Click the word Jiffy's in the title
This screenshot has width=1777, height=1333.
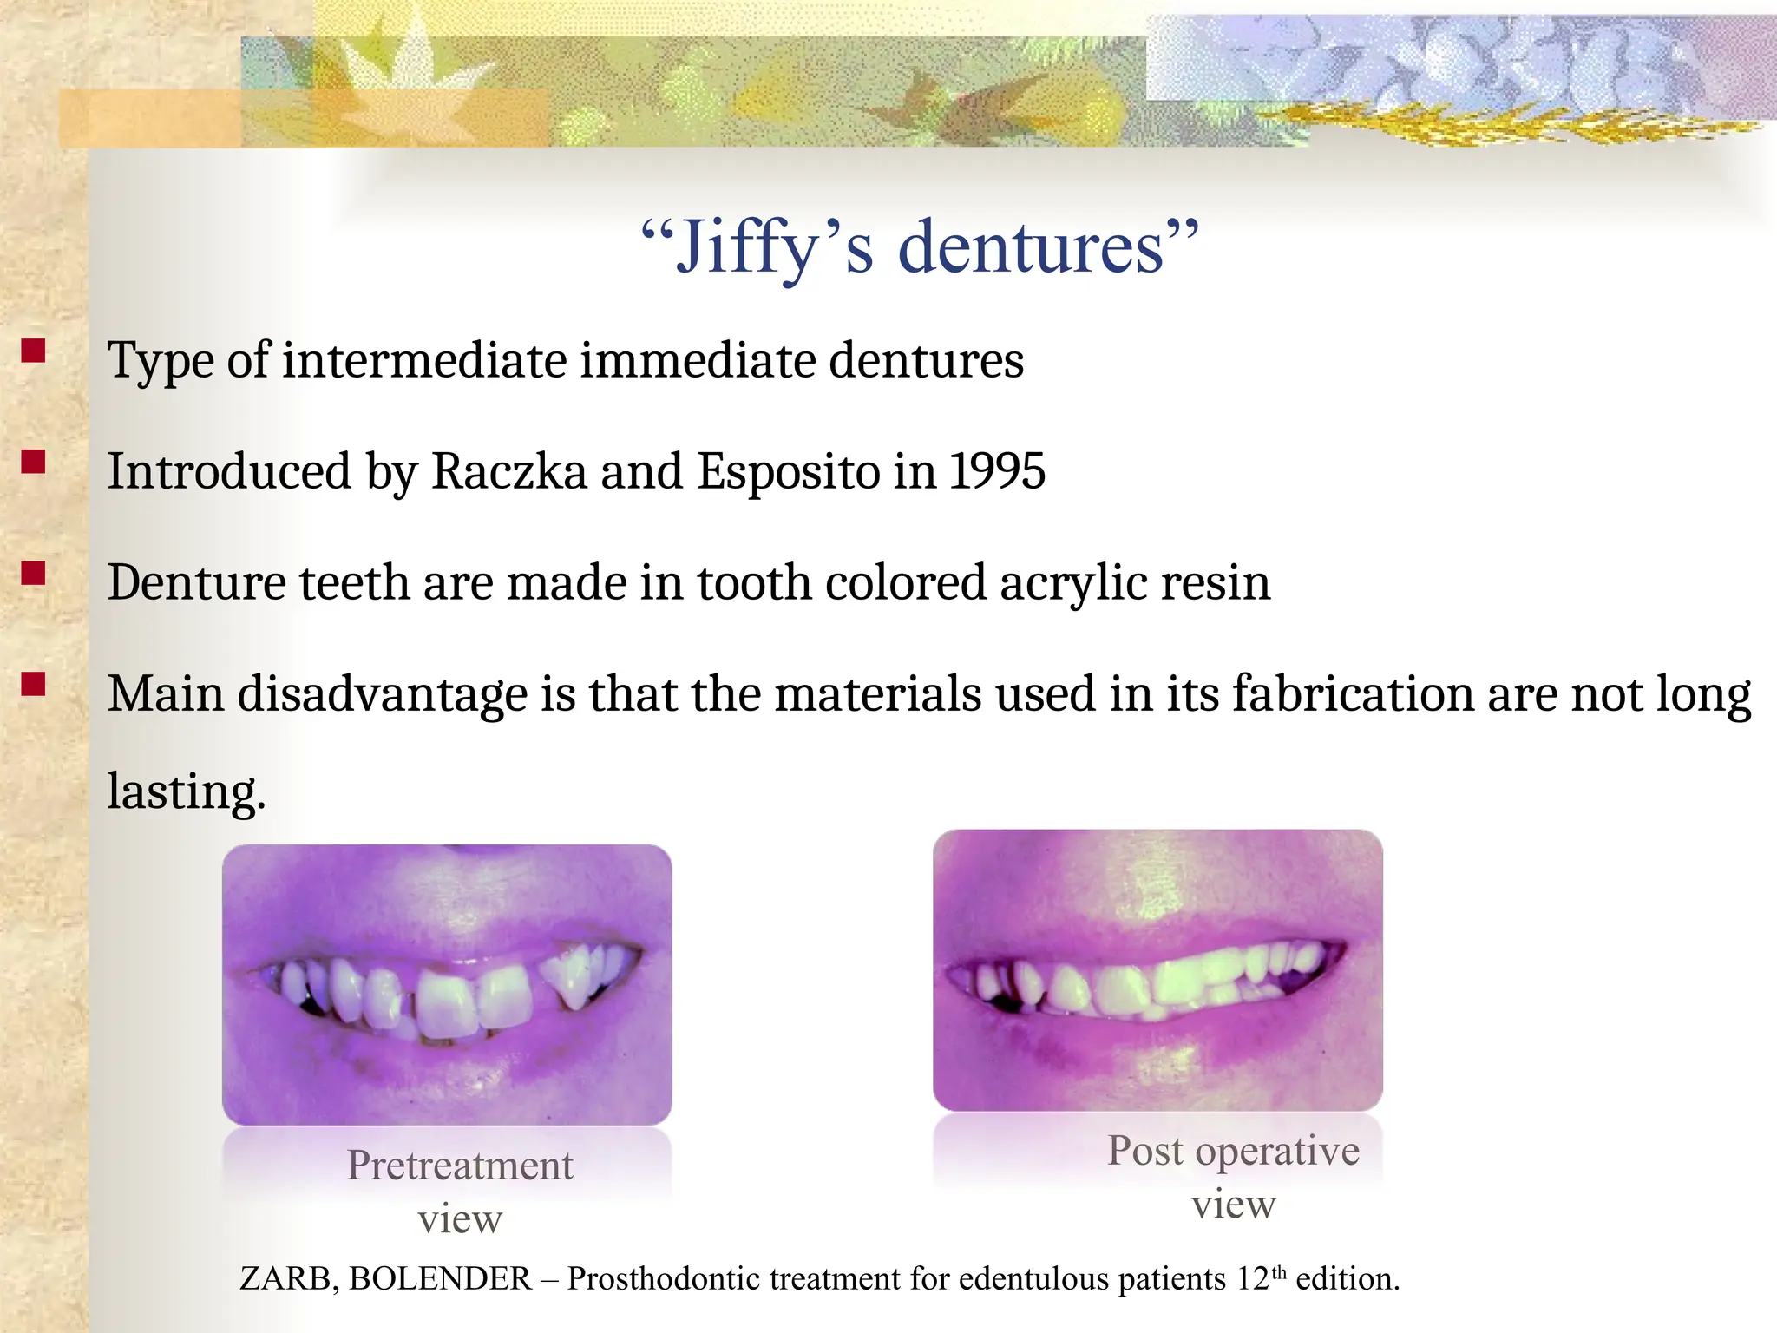764,248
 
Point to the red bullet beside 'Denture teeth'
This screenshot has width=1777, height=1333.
33,573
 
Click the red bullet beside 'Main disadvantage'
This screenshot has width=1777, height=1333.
33,684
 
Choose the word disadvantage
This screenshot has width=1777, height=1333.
383,694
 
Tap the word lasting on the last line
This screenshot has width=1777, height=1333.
185,791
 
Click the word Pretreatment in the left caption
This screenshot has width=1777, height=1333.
460,1166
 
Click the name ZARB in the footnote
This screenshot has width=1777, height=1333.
285,1279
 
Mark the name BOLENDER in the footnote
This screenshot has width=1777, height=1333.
441,1279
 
